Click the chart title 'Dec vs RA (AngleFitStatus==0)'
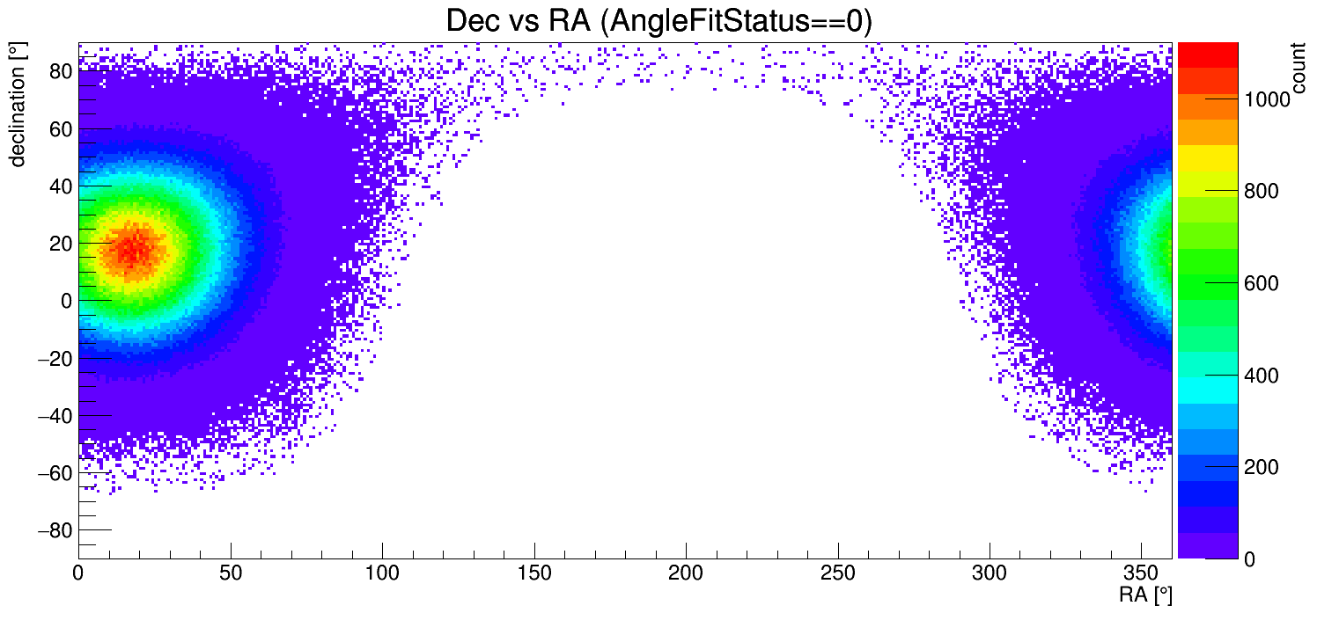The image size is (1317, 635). point(658,21)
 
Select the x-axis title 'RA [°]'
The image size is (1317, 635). point(1145,595)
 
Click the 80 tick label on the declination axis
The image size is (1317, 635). point(59,72)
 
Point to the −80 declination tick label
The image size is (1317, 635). point(54,530)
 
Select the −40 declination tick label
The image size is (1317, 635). point(54,416)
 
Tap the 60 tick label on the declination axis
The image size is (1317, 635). point(59,129)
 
